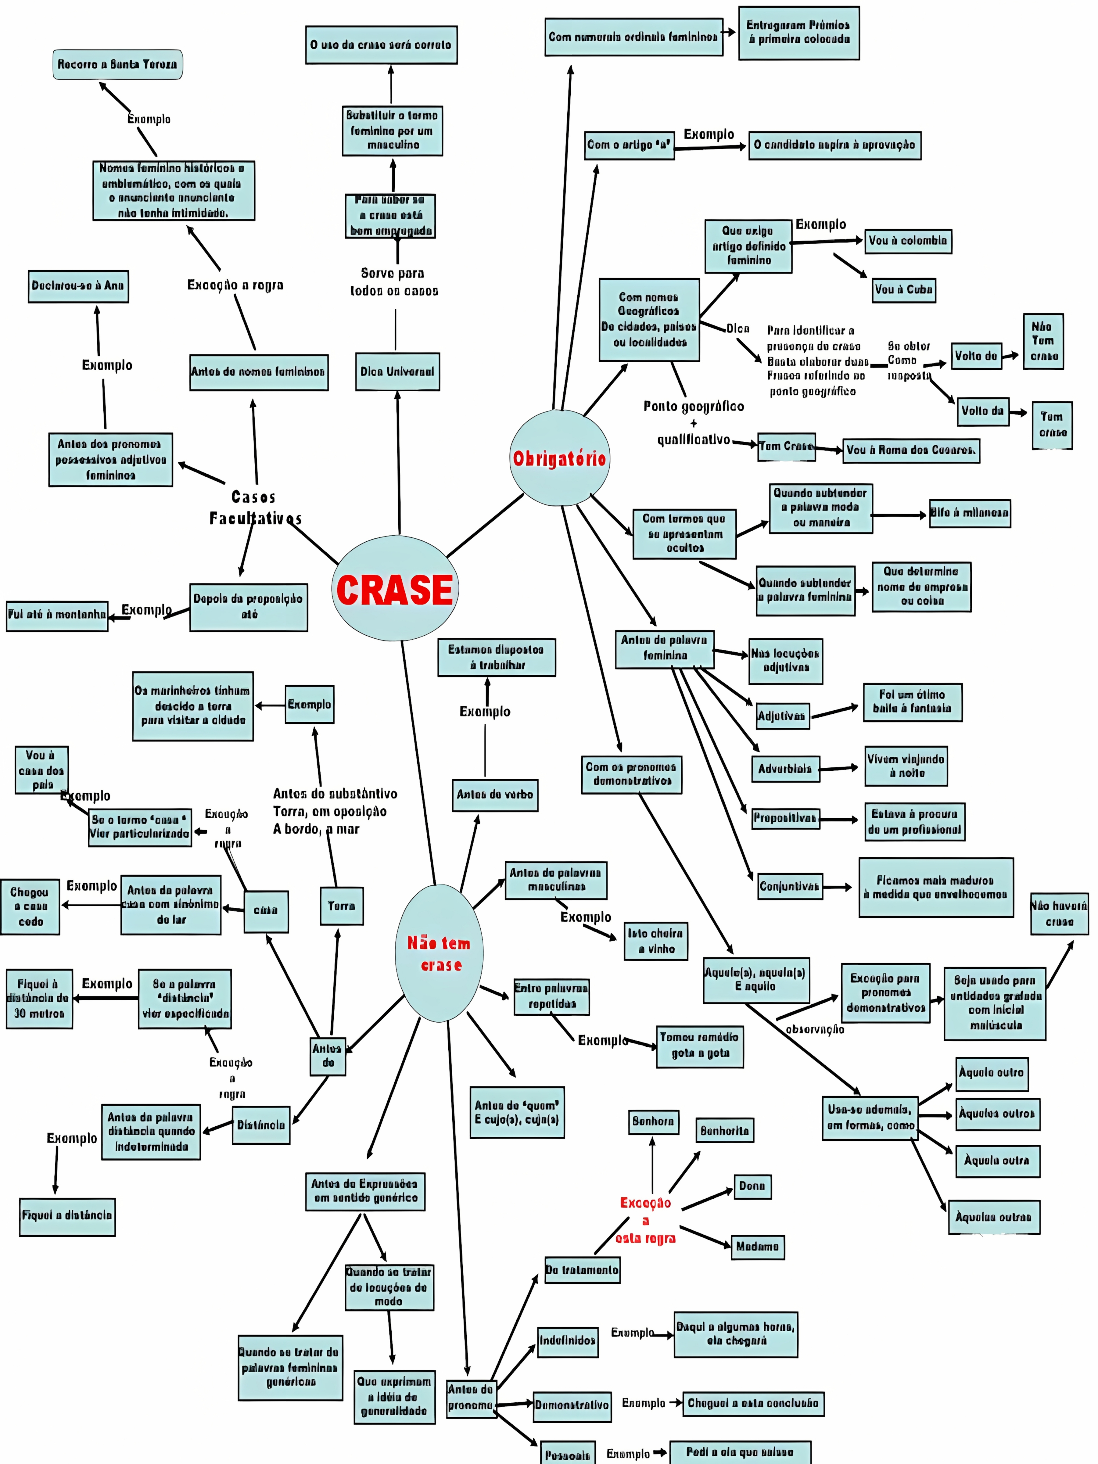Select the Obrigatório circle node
click(559, 458)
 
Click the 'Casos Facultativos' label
click(255, 508)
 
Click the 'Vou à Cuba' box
click(903, 289)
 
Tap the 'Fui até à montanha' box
click(57, 615)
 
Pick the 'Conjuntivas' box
click(789, 886)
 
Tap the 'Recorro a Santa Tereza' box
click(117, 64)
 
